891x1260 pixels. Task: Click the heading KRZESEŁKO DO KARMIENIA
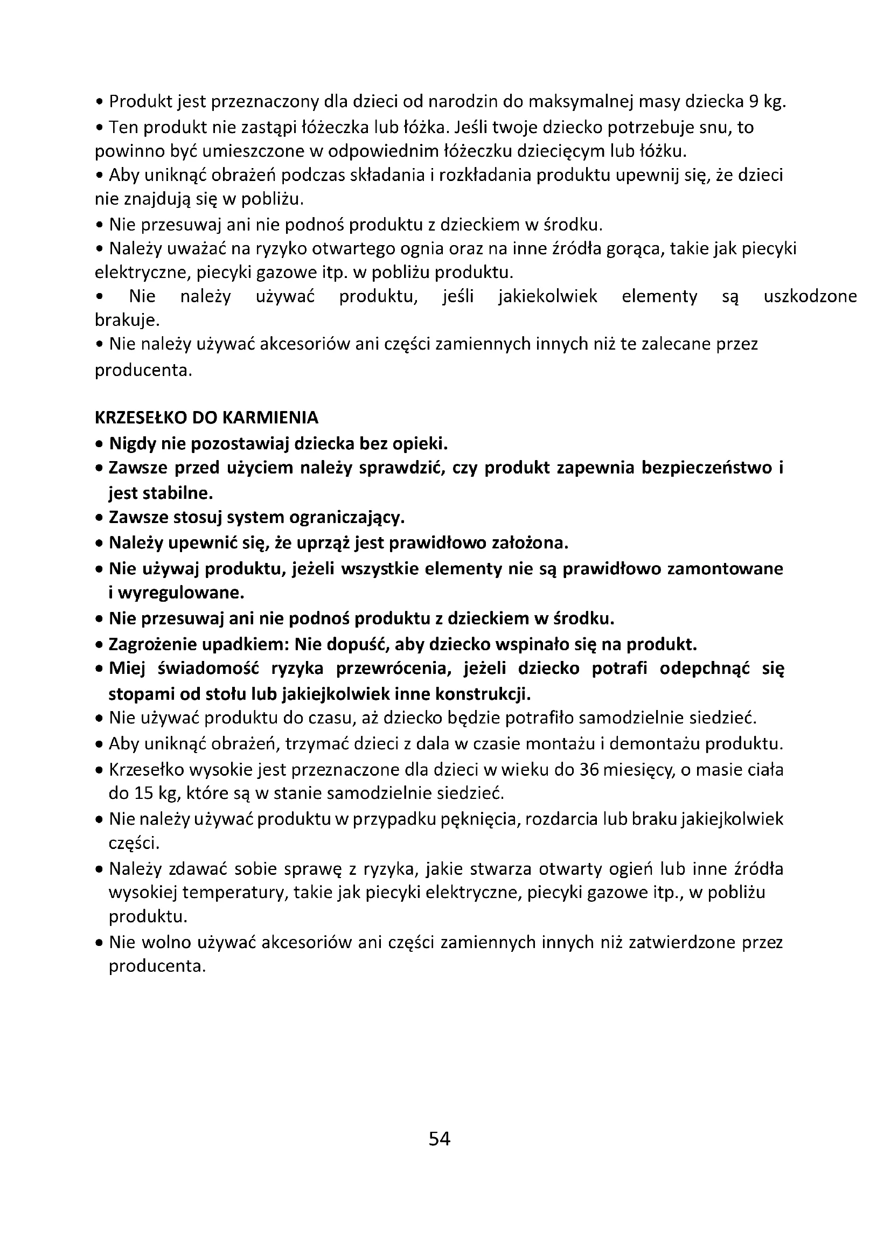point(206,417)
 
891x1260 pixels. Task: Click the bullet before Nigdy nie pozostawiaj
point(99,443)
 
